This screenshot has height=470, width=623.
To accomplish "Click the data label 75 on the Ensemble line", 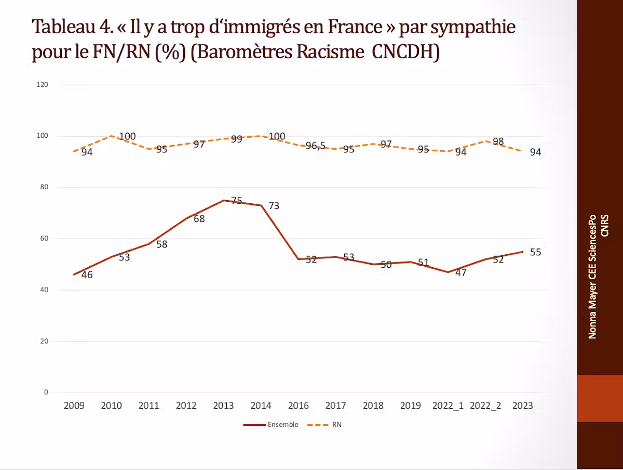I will click(237, 201).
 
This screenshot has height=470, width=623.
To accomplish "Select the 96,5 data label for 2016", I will click(315, 146).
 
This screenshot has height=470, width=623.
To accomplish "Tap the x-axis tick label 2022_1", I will click(448, 406).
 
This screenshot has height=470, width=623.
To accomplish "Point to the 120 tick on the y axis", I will click(43, 85).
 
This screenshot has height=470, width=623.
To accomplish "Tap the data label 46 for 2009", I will click(87, 275).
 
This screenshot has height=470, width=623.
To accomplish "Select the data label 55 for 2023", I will click(535, 252).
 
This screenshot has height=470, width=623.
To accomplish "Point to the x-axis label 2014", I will click(261, 406).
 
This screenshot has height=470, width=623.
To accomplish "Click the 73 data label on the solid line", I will click(274, 206).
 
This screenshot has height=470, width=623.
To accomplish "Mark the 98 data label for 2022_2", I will click(498, 142).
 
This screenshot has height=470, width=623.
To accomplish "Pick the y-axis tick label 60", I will click(44, 239).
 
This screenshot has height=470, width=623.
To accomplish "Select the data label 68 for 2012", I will click(199, 219).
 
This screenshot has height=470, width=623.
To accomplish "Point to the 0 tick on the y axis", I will click(46, 393).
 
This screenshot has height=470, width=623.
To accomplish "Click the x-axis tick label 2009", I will click(74, 406).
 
